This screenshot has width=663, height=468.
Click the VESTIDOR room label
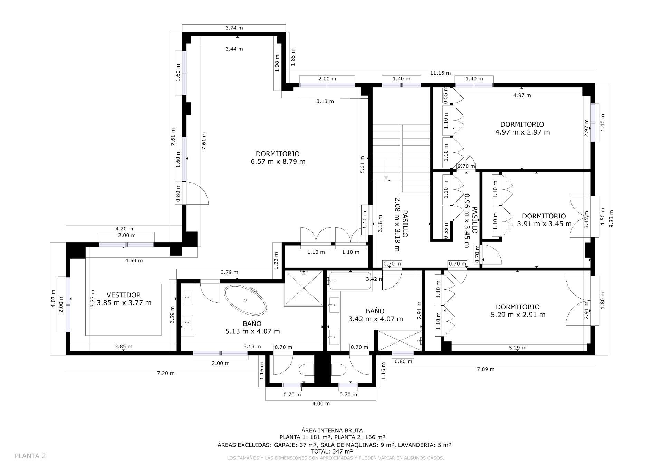click(x=124, y=299)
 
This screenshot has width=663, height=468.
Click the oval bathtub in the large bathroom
click(x=246, y=300)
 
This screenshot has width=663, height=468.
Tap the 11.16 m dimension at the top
click(x=440, y=73)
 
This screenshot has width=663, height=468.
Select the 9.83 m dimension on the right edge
click(x=612, y=219)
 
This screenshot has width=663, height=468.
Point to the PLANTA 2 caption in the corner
click(x=30, y=456)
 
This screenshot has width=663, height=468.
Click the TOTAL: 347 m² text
click(x=332, y=451)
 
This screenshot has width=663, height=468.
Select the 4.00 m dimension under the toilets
click(x=321, y=404)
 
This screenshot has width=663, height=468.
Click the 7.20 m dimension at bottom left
click(x=166, y=373)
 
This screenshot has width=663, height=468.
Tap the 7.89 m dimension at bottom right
click(x=486, y=369)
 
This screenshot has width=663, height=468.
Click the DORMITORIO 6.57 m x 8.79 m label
click(x=278, y=158)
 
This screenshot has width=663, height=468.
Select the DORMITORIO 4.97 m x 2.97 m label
click(x=522, y=128)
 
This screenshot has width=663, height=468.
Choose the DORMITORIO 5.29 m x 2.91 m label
click(x=518, y=311)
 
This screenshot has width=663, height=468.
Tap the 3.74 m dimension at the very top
click(x=234, y=28)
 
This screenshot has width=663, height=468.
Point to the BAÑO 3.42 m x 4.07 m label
click(x=375, y=315)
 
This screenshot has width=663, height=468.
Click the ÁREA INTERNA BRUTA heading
click(x=332, y=430)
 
